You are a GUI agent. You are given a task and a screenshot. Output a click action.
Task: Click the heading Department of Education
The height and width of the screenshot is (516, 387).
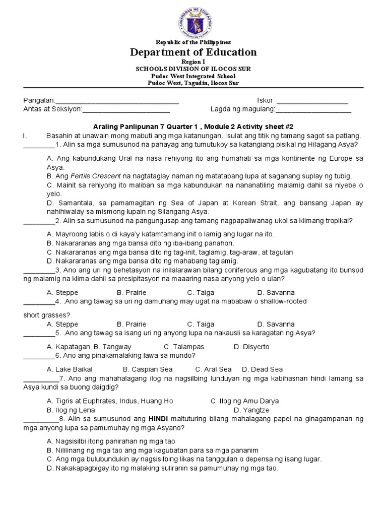pos(193,52)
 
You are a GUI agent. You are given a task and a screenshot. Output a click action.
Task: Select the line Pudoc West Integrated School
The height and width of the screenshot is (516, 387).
pos(193,76)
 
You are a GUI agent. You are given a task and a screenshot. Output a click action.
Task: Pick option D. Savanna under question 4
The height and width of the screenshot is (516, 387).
pos(276,324)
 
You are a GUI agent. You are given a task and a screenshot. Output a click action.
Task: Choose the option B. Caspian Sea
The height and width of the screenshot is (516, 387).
pos(148,369)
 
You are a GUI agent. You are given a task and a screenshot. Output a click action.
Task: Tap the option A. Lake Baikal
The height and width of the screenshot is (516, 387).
pos(69,369)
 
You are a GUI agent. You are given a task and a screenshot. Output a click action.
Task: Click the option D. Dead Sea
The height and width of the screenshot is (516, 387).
pos(263,369)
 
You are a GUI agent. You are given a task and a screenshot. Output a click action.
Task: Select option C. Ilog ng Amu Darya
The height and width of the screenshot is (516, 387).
pos(244,401)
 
